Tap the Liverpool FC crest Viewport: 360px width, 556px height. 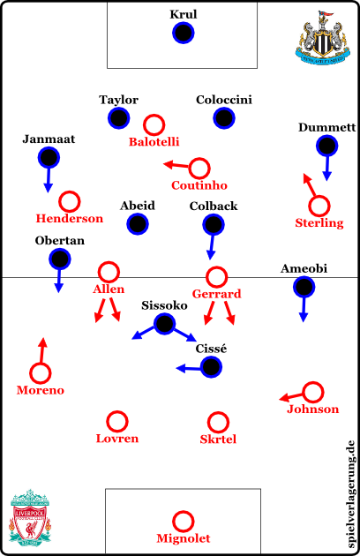coord(30,517)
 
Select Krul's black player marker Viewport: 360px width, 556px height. coord(183,33)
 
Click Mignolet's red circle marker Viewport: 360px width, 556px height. coord(183,522)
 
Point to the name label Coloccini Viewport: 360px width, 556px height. coord(224,100)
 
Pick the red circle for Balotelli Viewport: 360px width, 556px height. coord(154,125)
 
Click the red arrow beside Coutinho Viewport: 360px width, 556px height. coord(176,165)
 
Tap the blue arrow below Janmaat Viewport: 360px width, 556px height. coord(49,180)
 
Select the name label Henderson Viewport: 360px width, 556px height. coord(70,219)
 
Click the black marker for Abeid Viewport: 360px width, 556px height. coord(138,224)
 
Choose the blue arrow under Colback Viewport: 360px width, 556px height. coord(212,247)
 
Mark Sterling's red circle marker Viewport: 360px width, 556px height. coord(319,206)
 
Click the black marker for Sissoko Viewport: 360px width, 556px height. coord(165,323)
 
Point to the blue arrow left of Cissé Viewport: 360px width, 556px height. coord(189,368)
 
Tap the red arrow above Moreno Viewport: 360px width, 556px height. coord(42,350)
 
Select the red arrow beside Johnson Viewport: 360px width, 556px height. coord(291,397)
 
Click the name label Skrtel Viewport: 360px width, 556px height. coord(218,440)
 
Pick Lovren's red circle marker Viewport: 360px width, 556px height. coord(116,422)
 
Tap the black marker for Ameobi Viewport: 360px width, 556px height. coord(304,287)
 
